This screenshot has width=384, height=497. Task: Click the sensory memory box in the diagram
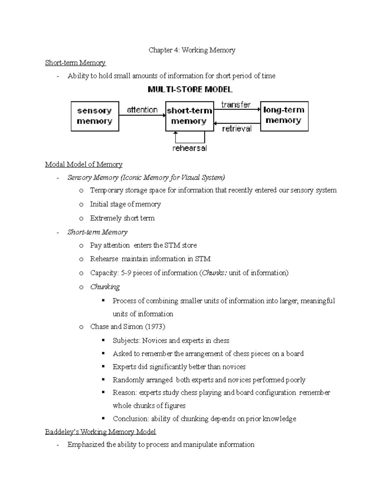(x=95, y=116)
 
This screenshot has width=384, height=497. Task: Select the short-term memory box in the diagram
(x=189, y=116)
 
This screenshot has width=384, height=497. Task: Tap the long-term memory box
(x=284, y=116)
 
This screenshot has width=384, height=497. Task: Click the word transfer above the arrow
(x=236, y=105)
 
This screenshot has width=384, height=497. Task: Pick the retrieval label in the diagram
(x=237, y=129)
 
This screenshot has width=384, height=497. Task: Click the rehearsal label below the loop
(x=189, y=148)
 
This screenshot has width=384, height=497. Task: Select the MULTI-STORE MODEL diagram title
(x=190, y=90)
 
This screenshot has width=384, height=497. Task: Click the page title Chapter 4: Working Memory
(x=192, y=50)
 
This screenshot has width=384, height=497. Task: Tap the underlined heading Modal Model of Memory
(x=84, y=164)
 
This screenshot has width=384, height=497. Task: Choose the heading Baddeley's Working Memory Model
(x=100, y=432)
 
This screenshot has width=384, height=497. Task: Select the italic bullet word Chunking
(x=105, y=287)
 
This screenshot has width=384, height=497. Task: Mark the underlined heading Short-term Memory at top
(x=75, y=63)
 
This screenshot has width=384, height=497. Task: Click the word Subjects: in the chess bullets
(x=126, y=341)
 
